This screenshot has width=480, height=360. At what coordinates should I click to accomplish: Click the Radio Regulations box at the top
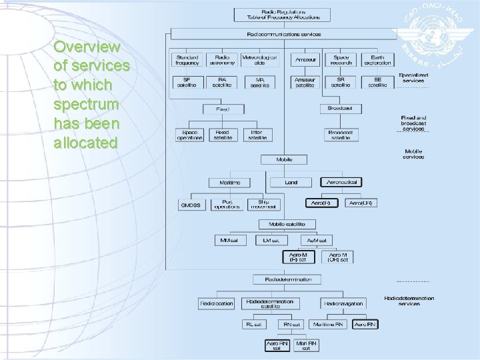[283, 15]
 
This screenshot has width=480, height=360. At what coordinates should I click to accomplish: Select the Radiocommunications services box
[283, 34]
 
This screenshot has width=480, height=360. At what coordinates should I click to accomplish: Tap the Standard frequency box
[187, 60]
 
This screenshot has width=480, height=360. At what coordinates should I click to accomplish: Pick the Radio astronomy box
[221, 60]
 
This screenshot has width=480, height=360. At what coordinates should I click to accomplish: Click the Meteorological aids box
[259, 60]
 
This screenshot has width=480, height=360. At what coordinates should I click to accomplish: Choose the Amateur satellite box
[306, 82]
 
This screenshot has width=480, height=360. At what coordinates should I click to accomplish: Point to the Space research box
[341, 60]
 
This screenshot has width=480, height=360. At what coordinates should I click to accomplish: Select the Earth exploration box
[377, 60]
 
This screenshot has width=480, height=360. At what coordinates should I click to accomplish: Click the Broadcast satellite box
[341, 135]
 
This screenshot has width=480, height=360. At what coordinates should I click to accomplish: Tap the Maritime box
[229, 182]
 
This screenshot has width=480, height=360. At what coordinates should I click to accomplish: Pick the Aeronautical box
[342, 182]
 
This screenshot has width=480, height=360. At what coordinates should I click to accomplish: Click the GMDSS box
[191, 204]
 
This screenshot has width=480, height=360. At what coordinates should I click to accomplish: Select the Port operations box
[227, 204]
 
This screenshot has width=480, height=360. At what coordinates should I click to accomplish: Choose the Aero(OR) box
[362, 203]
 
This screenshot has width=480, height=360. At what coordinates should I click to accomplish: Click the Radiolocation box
[217, 303]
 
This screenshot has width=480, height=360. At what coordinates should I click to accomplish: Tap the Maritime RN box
[329, 325]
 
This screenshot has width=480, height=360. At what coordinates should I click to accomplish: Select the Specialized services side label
[413, 78]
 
